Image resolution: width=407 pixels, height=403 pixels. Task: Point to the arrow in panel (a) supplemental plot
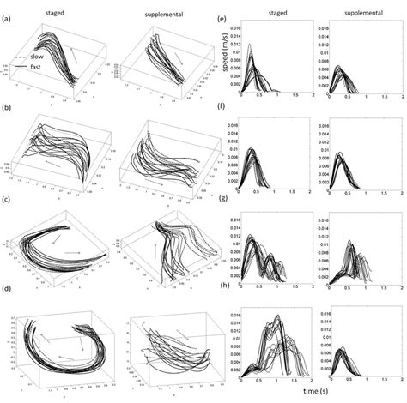[177, 54]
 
